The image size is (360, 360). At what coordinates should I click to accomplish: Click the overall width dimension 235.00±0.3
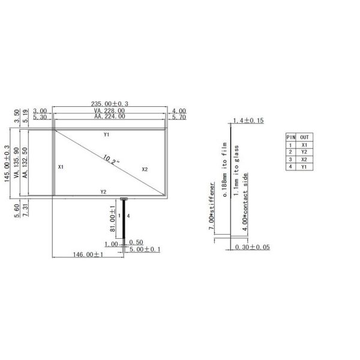(x=109, y=104)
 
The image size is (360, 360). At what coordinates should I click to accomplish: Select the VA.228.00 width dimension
(x=109, y=111)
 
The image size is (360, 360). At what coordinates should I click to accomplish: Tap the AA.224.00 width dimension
(x=109, y=118)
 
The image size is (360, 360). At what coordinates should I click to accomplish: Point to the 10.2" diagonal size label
(x=112, y=160)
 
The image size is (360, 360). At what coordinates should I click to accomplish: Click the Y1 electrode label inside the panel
(x=106, y=134)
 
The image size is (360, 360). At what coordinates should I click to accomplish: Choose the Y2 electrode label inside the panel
(x=103, y=192)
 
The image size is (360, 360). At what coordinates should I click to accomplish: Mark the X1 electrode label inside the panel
(x=61, y=167)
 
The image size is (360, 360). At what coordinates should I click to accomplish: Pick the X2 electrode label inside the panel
(x=145, y=169)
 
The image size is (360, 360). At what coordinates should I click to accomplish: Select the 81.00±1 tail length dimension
(x=112, y=220)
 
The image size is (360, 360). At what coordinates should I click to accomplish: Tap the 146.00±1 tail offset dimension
(x=88, y=254)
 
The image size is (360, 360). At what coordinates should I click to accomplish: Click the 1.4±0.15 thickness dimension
(x=248, y=121)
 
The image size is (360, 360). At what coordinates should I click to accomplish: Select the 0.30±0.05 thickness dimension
(x=252, y=247)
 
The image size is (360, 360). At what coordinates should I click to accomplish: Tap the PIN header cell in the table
(x=292, y=137)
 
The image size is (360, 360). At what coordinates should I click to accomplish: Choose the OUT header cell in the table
(x=305, y=137)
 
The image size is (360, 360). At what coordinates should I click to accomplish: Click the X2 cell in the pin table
(x=305, y=159)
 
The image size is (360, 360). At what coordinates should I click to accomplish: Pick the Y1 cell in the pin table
(x=305, y=166)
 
